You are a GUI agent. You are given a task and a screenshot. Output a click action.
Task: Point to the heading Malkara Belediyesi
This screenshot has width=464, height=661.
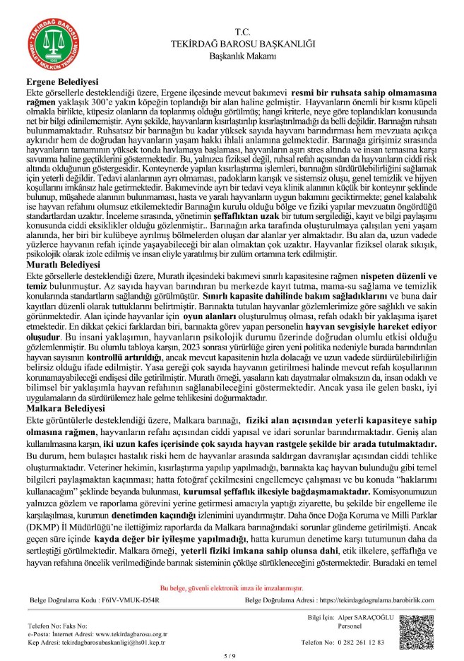[57, 407]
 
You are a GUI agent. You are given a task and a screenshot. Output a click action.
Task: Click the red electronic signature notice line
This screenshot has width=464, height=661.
[232, 587]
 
